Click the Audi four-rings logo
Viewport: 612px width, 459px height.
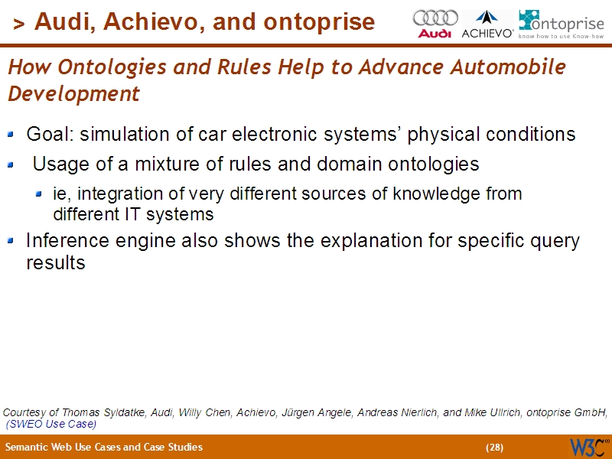pyautogui.click(x=435, y=23)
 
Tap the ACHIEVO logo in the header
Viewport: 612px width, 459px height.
pyautogui.click(x=487, y=24)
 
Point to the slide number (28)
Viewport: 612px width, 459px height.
pyautogui.click(x=495, y=448)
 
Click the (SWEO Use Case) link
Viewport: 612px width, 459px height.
pyautogui.click(x=51, y=424)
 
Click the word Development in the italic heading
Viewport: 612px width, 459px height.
pyautogui.click(x=73, y=94)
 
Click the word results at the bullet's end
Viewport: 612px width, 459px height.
pyautogui.click(x=55, y=263)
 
